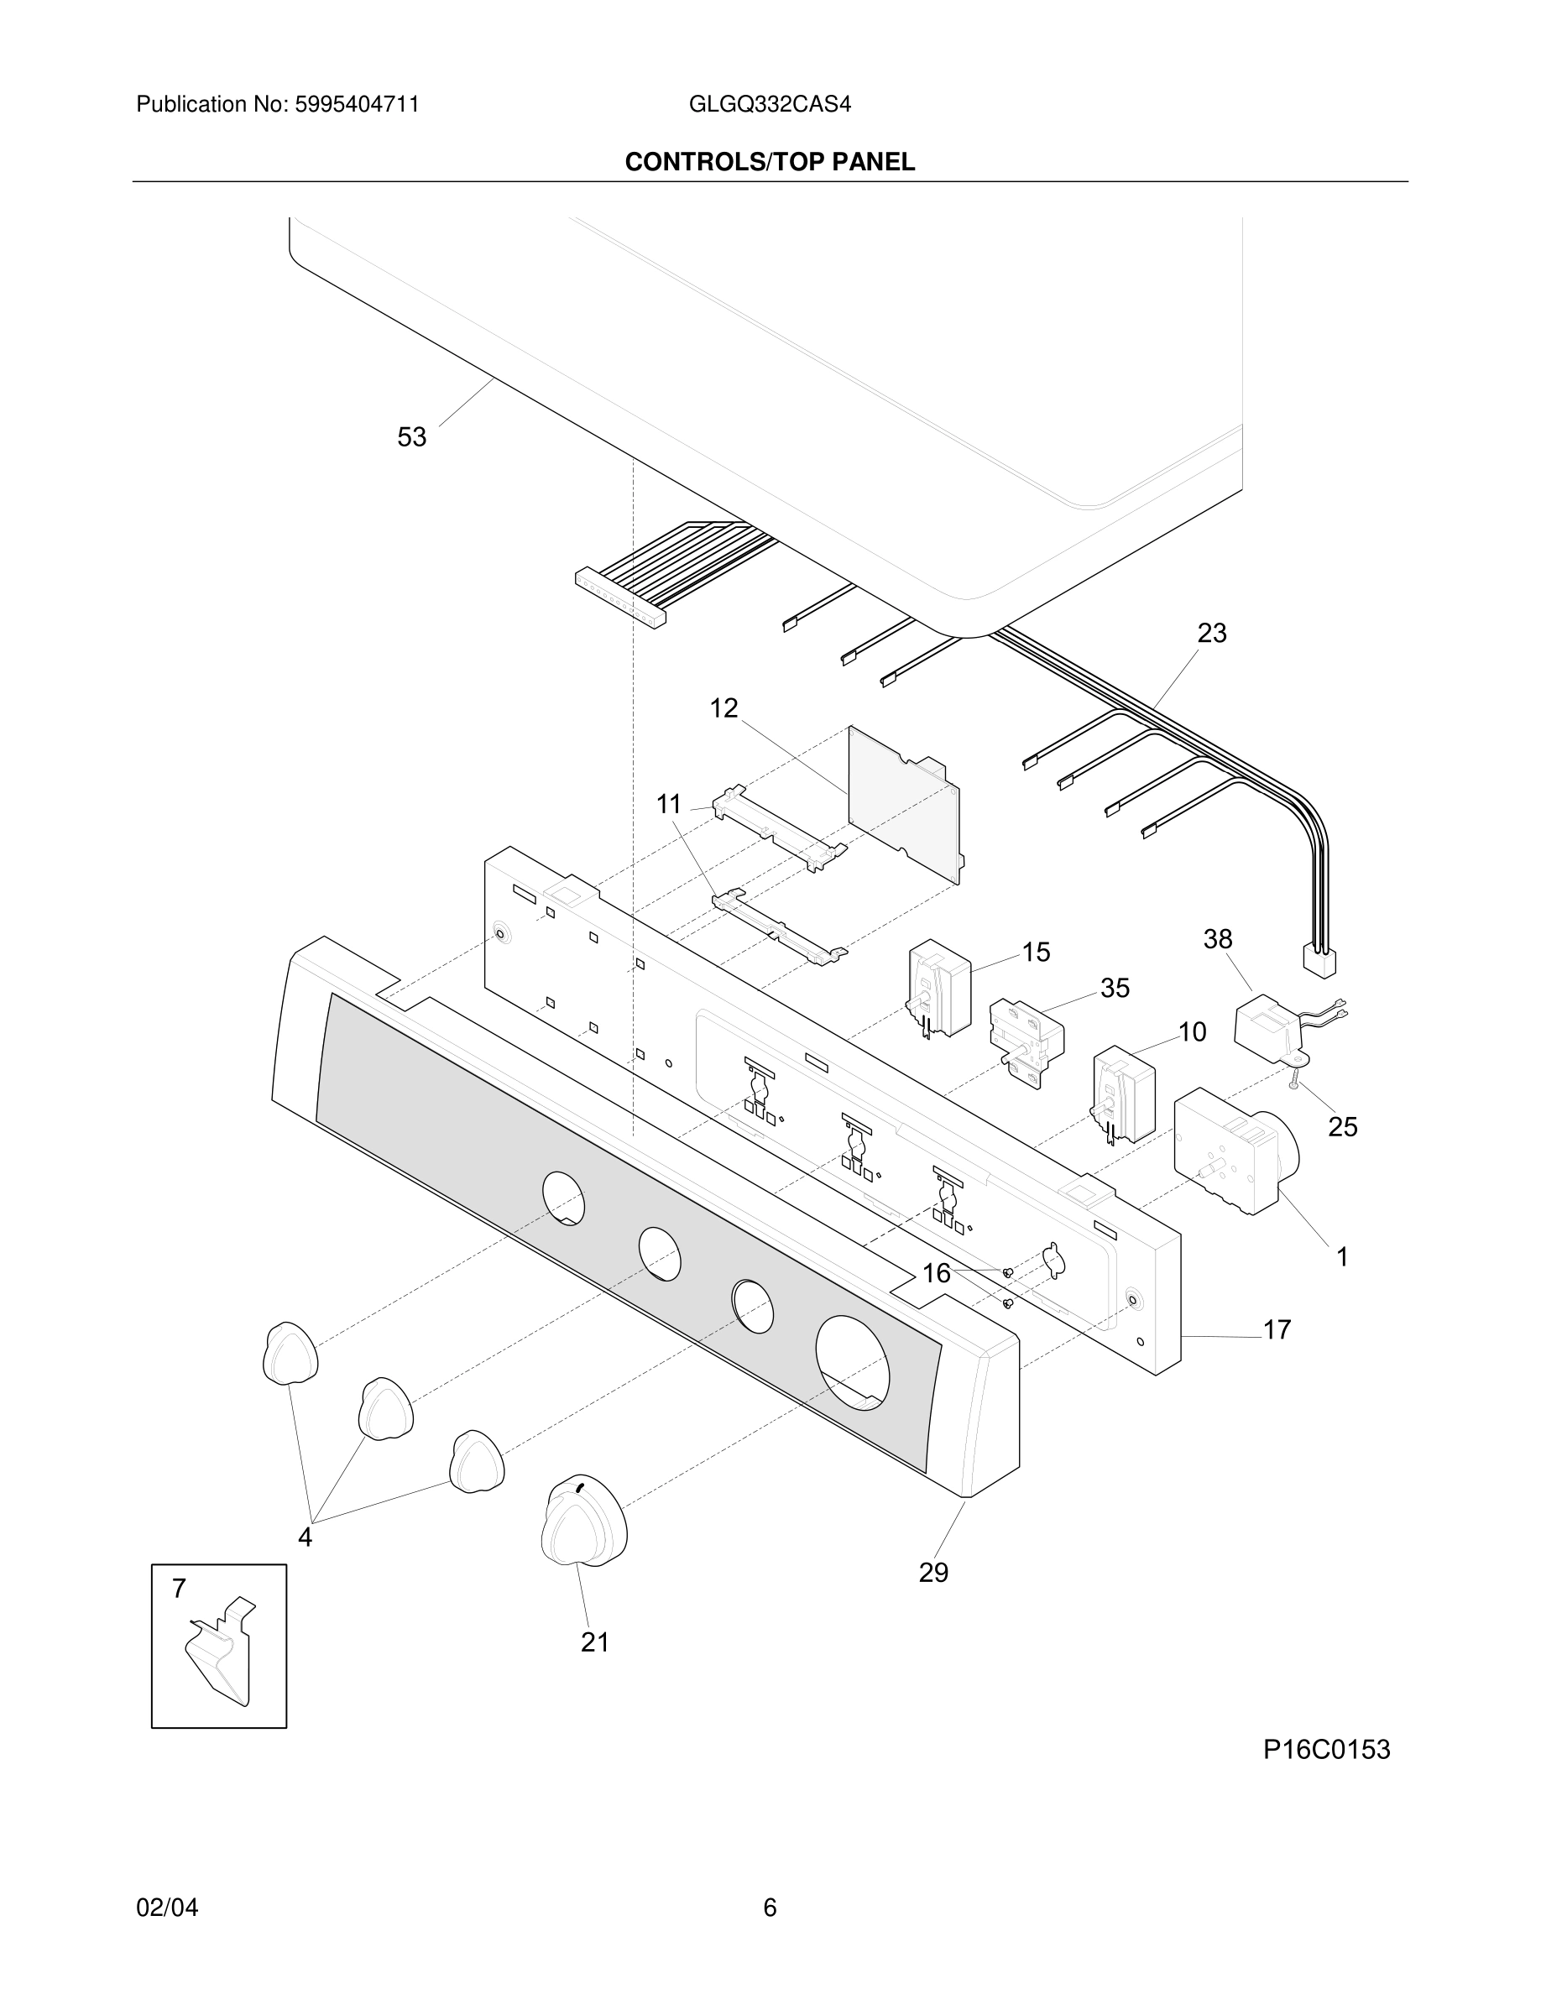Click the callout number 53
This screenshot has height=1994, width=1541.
(x=412, y=437)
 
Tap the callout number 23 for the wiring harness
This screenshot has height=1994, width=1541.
(x=1211, y=633)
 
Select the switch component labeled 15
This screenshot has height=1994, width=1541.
(x=938, y=988)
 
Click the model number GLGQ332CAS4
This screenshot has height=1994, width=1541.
(x=770, y=105)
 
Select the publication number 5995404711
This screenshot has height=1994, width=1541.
(x=356, y=105)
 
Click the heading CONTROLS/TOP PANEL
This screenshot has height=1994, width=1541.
(x=770, y=163)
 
